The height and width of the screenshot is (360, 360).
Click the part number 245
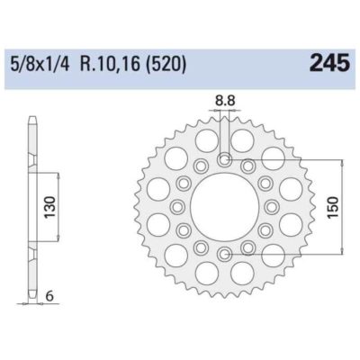[x=328, y=64]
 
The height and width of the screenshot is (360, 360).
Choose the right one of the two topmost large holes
[x=242, y=141]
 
